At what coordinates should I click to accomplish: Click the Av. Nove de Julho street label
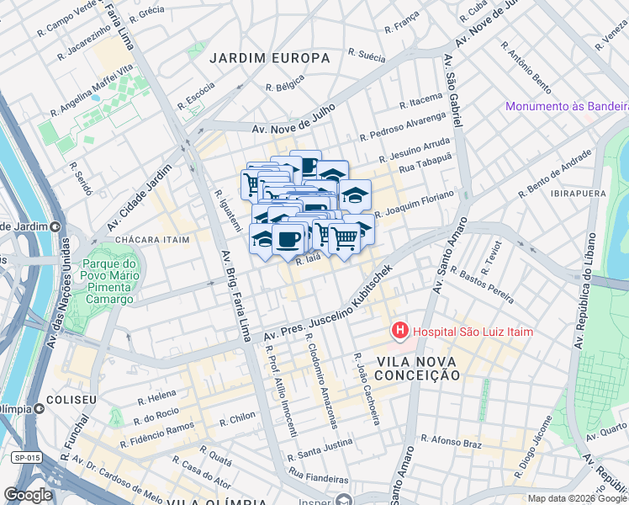(293, 119)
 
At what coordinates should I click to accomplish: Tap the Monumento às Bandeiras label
(567, 106)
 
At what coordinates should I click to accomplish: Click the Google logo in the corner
(28, 494)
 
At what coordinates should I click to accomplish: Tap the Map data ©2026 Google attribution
(576, 498)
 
